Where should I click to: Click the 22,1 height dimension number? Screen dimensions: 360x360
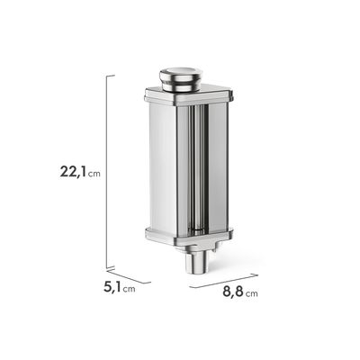[74, 171]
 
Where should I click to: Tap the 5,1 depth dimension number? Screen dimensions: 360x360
[112, 287]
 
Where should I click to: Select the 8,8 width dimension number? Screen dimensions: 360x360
[233, 292]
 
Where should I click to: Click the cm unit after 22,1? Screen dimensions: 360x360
[94, 174]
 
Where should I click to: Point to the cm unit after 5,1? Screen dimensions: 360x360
[129, 289]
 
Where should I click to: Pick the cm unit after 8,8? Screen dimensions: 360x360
[251, 293]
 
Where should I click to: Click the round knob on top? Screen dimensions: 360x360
[181, 79]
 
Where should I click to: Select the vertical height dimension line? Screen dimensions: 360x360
[107, 172]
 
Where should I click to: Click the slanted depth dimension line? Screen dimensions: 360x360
[129, 276]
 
